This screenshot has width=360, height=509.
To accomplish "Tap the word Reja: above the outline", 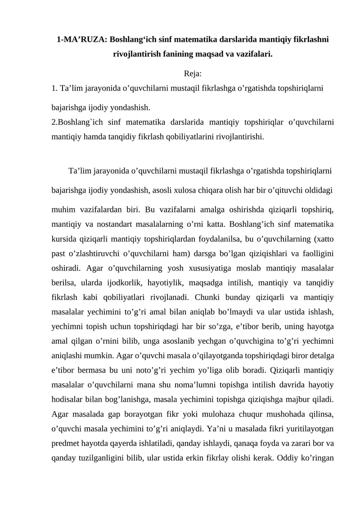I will pos(193,73).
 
